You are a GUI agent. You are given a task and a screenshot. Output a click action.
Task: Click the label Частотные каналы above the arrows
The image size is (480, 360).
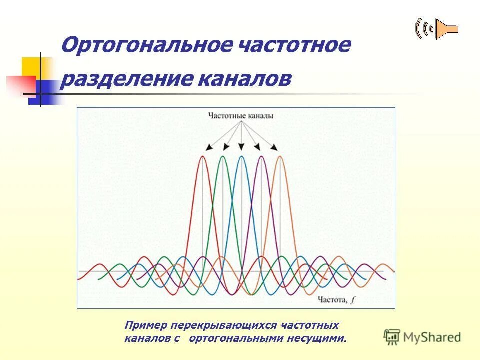(241, 116)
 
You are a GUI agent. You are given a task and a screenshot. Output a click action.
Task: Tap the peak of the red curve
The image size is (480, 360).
(202, 157)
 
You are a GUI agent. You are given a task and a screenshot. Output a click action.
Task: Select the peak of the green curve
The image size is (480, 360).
(222, 157)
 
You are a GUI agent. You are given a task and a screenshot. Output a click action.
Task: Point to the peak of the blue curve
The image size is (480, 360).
(241, 157)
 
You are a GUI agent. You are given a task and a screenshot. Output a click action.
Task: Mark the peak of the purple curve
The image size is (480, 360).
(261, 157)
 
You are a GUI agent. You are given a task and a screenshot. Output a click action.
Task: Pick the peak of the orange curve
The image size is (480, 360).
(280, 157)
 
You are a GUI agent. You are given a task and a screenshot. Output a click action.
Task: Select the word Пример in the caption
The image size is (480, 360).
(145, 326)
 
